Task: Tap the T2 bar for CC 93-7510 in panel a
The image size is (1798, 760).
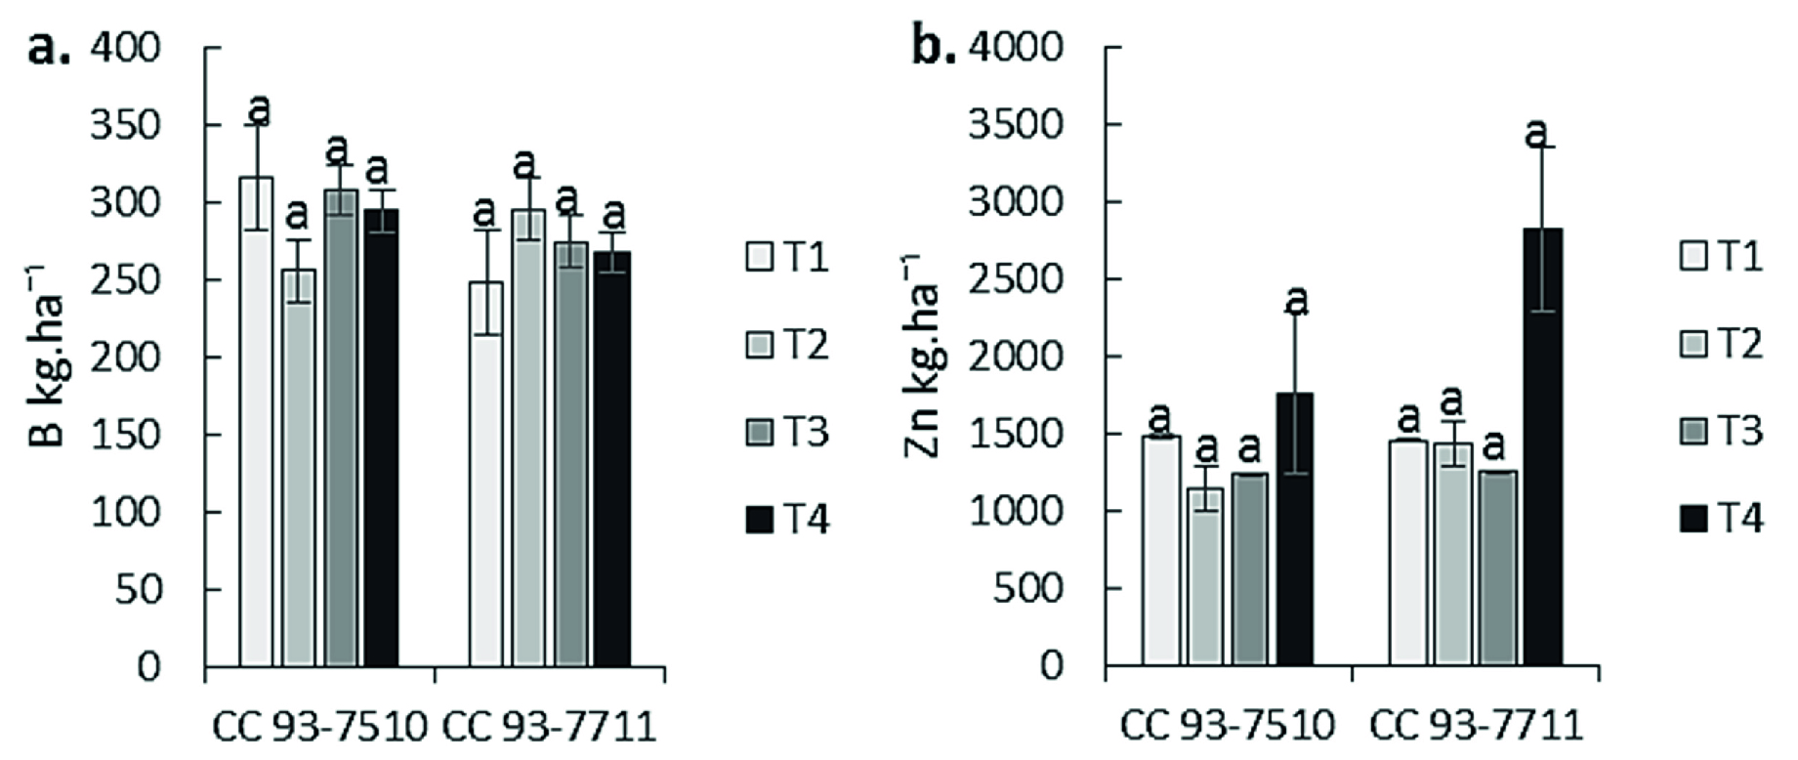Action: (x=299, y=468)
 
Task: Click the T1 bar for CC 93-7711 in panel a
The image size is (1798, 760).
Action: (x=485, y=475)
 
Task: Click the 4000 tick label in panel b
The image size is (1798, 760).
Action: (x=1016, y=48)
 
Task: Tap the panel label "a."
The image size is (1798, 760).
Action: (x=49, y=47)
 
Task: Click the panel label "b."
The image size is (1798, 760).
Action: (x=934, y=47)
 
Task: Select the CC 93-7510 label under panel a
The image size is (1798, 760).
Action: (x=319, y=729)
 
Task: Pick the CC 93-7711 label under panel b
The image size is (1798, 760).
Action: (x=1475, y=727)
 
